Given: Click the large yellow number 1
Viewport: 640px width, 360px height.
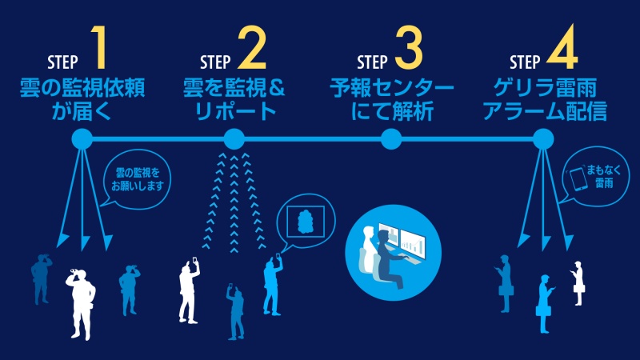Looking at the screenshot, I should (x=100, y=49).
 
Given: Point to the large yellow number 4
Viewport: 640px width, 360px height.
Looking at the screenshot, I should (x=563, y=49).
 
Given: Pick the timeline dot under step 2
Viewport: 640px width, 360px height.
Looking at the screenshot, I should (x=234, y=140).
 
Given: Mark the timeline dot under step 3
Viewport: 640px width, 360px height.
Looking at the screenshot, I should (x=390, y=140).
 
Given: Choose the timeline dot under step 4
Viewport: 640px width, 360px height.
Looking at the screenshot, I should (x=542, y=140).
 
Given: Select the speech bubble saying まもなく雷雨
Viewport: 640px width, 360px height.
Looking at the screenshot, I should (x=589, y=178).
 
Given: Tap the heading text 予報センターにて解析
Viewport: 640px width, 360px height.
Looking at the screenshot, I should (x=392, y=98).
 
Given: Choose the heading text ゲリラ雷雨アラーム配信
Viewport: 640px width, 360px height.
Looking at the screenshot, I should (x=549, y=98).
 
